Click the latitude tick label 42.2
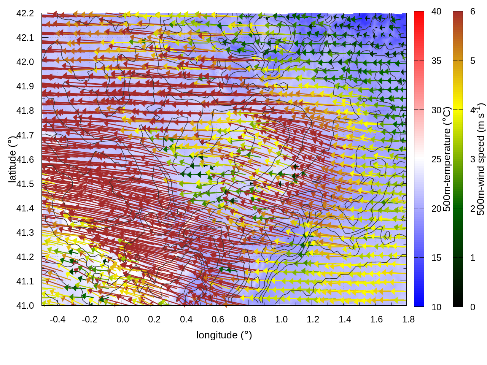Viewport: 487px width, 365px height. pyautogui.click(x=25, y=13)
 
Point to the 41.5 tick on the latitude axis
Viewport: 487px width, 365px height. pyautogui.click(x=25, y=184)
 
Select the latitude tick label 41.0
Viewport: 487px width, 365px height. pyautogui.click(x=25, y=306)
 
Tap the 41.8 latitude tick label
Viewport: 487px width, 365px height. pyautogui.click(x=25, y=111)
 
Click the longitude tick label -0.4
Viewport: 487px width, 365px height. pyautogui.click(x=57, y=319)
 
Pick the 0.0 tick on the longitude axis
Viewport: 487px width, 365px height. pyautogui.click(x=123, y=319)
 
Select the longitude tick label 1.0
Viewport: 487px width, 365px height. pyautogui.click(x=281, y=319)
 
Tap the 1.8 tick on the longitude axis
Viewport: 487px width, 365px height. pyautogui.click(x=408, y=319)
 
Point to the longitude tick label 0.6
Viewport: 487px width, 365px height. pyautogui.click(x=218, y=319)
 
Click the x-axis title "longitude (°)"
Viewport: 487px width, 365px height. pyautogui.click(x=224, y=335)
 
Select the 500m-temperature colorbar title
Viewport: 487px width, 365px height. pyautogui.click(x=447, y=159)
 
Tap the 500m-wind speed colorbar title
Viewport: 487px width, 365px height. pyautogui.click(x=481, y=159)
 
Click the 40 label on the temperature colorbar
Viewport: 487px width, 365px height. pyautogui.click(x=436, y=11)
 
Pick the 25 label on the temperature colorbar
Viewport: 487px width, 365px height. pyautogui.click(x=436, y=159)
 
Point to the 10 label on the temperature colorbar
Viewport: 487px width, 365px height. pyautogui.click(x=436, y=307)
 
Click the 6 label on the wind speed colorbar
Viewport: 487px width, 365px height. pyautogui.click(x=473, y=11)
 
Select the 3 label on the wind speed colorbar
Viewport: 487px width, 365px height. pyautogui.click(x=473, y=159)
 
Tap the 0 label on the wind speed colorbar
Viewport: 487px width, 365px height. pyautogui.click(x=473, y=307)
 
